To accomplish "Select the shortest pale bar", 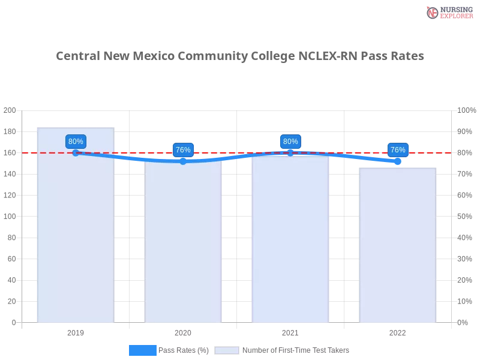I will point(397,246).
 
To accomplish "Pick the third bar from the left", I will point(290,240).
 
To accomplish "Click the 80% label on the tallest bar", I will point(76,142).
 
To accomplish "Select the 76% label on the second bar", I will point(183,150).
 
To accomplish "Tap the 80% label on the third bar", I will point(290,142).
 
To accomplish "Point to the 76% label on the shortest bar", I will point(397,149).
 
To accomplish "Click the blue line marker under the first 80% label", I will point(76,153).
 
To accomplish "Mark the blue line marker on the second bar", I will point(183,161).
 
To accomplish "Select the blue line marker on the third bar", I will point(290,153).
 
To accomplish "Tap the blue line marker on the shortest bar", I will point(397,161).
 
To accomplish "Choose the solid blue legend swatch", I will point(142,350).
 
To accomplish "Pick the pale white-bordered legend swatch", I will point(227,350).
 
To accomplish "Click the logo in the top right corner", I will point(448,12).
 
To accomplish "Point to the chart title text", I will point(240,56).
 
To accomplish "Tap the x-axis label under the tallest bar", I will point(76,332).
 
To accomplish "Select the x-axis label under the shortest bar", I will point(397,332).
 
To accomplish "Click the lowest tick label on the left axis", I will point(13,322).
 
